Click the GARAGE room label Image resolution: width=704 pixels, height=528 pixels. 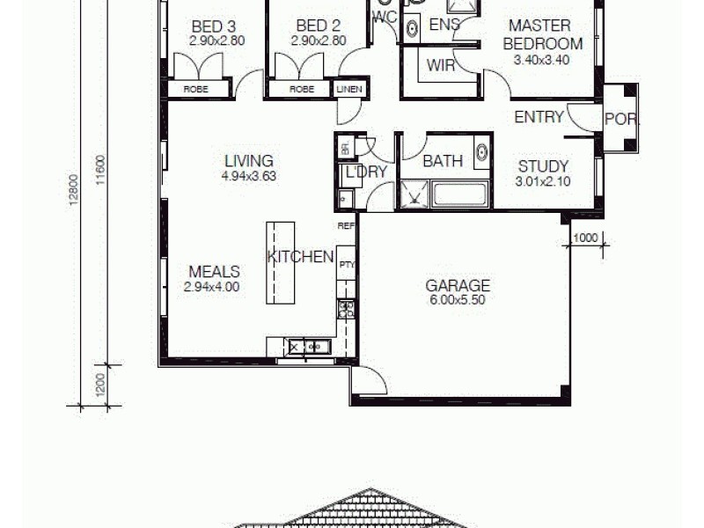click(x=458, y=285)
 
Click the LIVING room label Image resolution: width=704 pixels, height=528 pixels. click(x=249, y=161)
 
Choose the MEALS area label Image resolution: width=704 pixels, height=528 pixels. click(x=211, y=272)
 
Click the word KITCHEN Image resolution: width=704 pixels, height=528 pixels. click(x=301, y=257)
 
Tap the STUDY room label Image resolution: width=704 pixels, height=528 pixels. click(x=543, y=166)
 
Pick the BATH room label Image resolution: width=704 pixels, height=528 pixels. click(x=443, y=162)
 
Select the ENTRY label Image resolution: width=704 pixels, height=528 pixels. click(x=539, y=117)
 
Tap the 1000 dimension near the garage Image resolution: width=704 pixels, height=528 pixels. click(x=586, y=238)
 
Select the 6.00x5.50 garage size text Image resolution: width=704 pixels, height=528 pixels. click(x=458, y=299)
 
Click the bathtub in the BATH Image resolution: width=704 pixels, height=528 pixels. click(x=459, y=194)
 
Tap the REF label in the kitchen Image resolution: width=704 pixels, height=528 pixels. click(x=346, y=226)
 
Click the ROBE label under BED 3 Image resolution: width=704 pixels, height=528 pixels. click(x=195, y=89)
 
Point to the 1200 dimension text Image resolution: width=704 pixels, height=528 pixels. click(x=101, y=385)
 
